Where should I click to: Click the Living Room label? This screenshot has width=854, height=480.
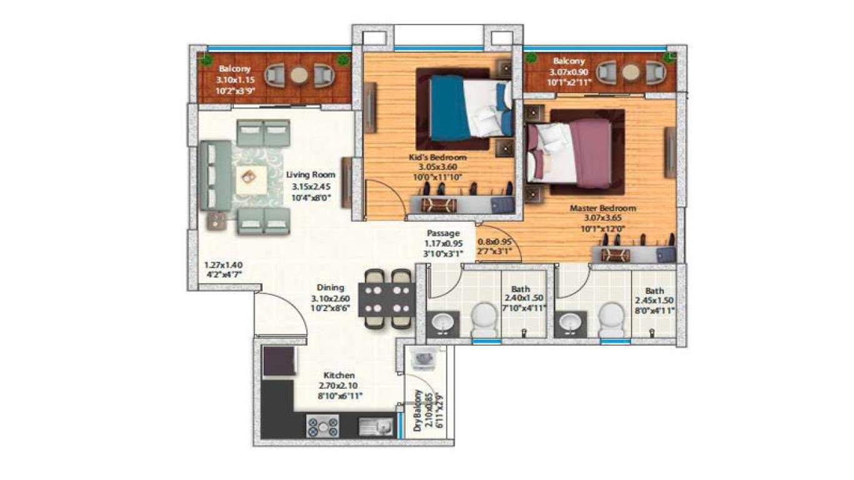pos(311,175)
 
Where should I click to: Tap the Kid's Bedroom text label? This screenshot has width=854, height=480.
pos(438,157)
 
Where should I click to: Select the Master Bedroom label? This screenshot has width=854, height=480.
pos(602,208)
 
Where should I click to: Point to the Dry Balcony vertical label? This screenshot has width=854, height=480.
pos(418,411)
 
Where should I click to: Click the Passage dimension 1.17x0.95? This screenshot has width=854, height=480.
pos(443,244)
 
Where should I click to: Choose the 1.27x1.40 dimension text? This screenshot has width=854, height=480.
pos(223,264)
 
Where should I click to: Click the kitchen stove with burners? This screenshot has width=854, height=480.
pos(323,426)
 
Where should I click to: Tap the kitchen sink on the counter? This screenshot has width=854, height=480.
pos(376,426)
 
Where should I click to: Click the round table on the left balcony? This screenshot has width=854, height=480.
pos(299,76)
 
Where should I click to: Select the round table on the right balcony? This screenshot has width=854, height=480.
pos(630,72)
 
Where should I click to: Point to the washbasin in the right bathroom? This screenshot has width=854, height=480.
pos(570,323)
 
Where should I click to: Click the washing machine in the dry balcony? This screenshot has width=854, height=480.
pos(424,359)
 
